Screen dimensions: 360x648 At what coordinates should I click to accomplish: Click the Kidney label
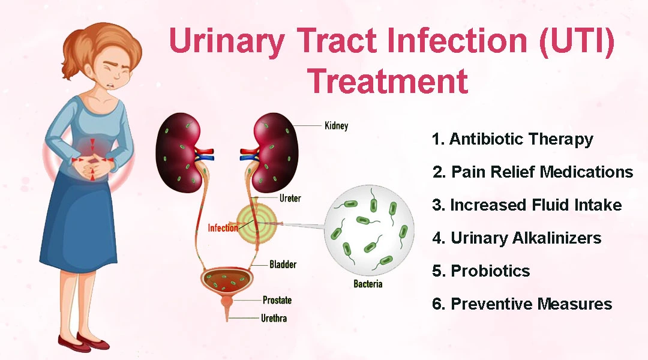[x=336, y=126]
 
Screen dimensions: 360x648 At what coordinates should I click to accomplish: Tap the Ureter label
[x=290, y=198]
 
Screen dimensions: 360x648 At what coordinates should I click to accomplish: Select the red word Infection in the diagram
[x=223, y=228]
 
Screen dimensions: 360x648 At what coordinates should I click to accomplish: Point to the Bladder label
[x=283, y=264]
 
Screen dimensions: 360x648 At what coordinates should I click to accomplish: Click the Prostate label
[x=277, y=300]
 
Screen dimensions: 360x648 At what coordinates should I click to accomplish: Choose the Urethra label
[x=274, y=318]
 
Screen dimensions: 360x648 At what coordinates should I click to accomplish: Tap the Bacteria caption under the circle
[x=368, y=283]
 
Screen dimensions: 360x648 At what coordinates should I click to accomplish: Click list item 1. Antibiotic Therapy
[x=512, y=139]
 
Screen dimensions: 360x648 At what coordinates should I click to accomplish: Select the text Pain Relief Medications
[x=542, y=172]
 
